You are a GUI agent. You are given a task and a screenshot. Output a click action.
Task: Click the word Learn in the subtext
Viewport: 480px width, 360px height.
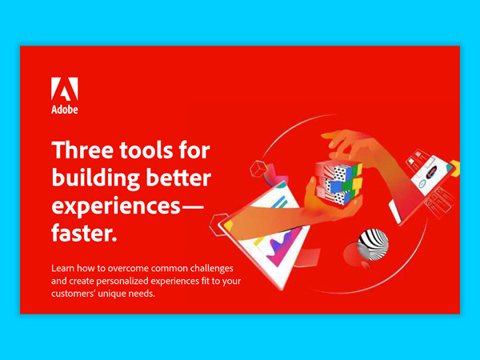[64, 267]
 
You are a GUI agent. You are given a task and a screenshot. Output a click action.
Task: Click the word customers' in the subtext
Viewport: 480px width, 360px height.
[80, 294]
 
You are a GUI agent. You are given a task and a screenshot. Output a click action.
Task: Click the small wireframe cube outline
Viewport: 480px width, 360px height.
[258, 170]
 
